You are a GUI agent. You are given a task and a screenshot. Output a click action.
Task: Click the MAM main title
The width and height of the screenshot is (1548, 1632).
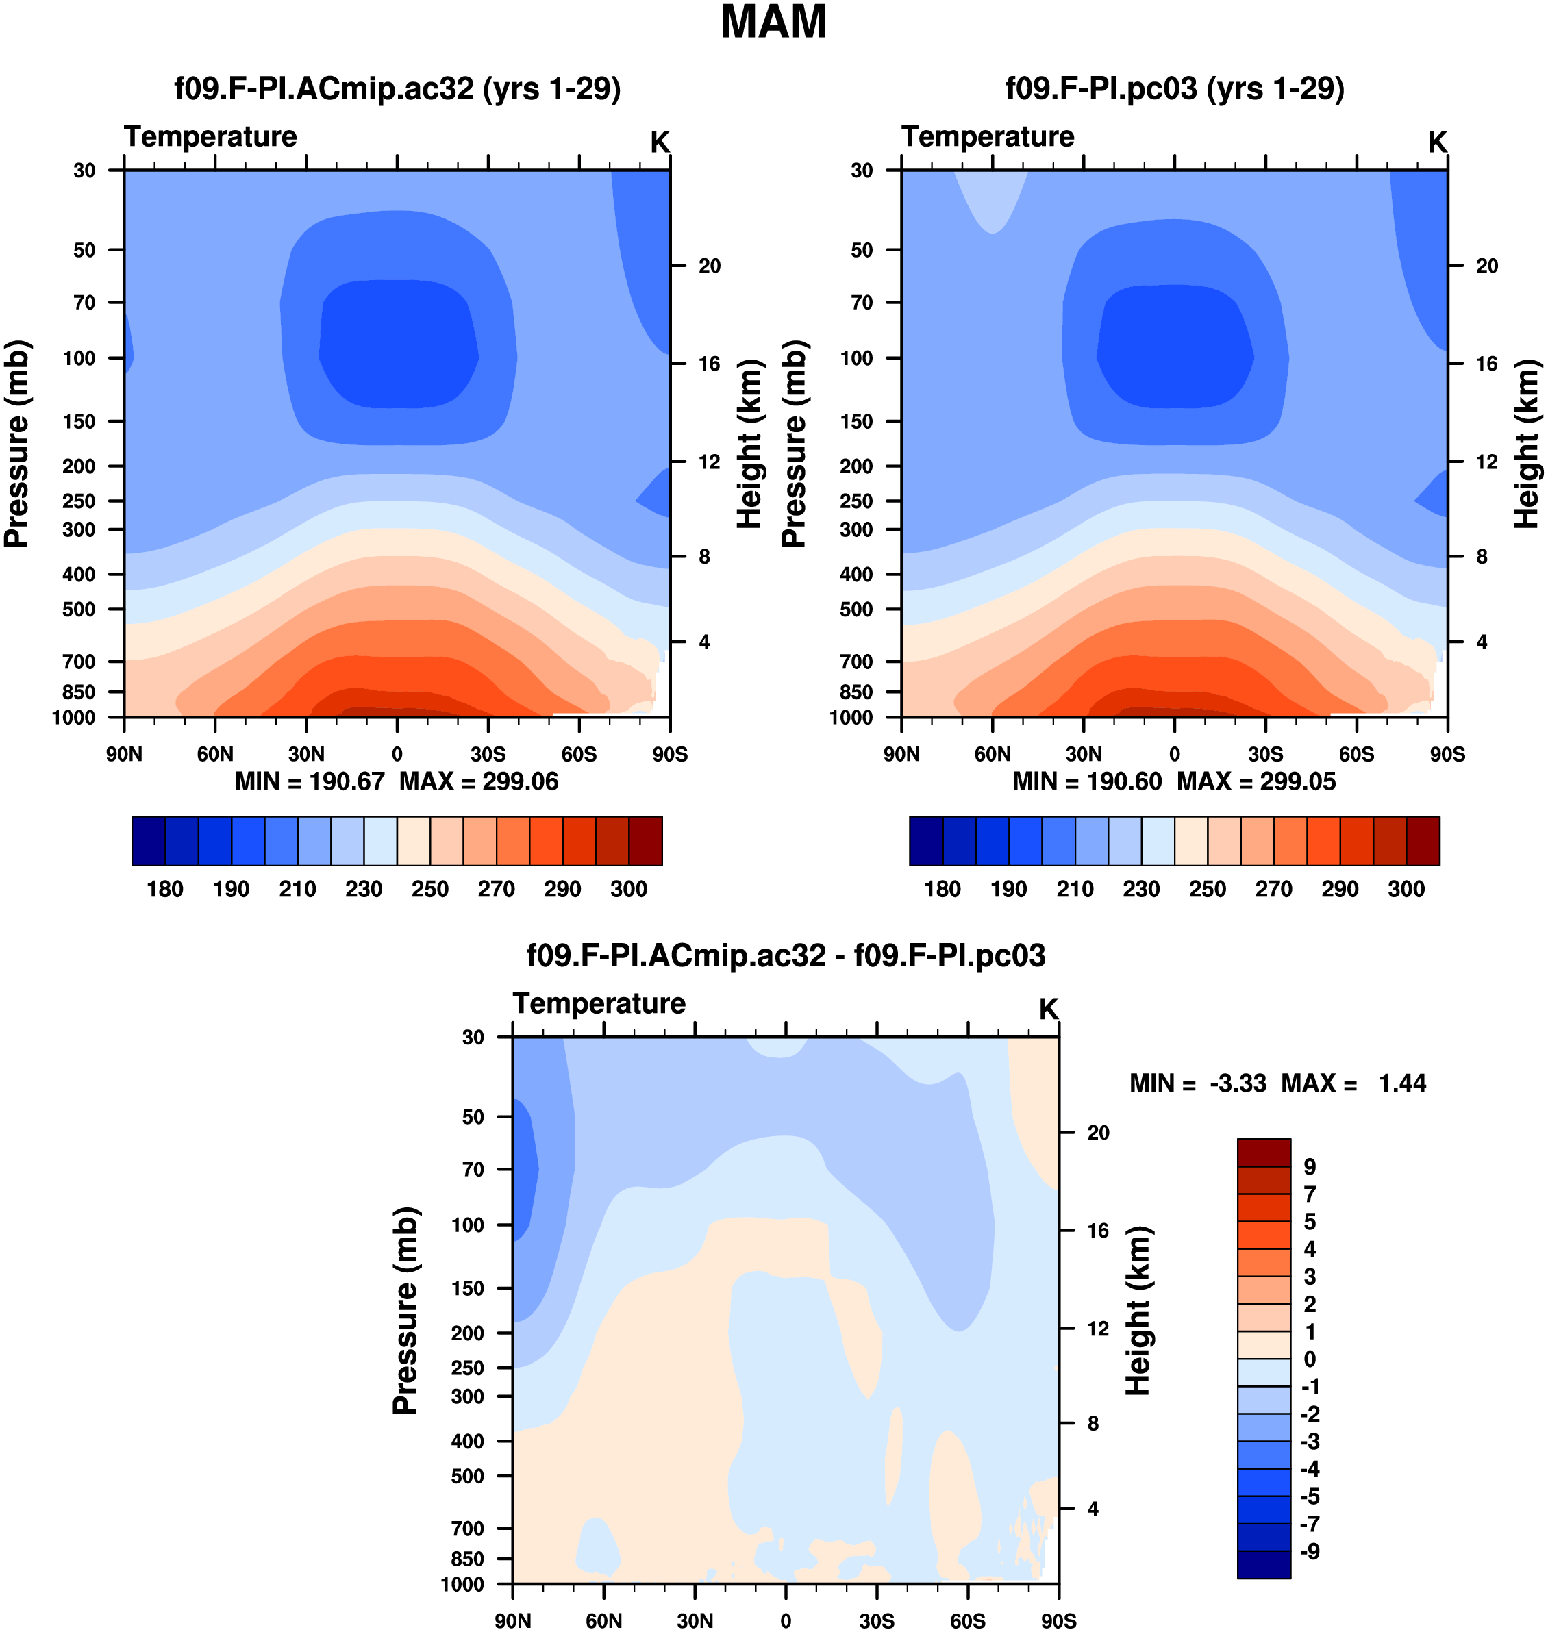773,23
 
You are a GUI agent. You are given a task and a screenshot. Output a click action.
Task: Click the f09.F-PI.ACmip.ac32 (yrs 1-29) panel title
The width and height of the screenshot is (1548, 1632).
397,88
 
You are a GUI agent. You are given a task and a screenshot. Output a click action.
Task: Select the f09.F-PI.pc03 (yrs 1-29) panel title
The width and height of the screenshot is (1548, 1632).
1174,88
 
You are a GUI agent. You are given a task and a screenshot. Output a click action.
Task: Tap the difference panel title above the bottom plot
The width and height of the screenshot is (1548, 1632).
786,955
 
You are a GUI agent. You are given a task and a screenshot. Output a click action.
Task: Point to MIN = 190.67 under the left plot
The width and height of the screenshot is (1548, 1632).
310,781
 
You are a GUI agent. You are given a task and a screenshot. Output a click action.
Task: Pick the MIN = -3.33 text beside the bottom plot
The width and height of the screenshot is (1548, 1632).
1198,1083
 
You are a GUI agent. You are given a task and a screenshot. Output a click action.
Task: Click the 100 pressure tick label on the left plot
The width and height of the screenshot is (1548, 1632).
79,358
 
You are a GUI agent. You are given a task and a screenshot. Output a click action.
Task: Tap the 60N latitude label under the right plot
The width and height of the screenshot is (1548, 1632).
992,754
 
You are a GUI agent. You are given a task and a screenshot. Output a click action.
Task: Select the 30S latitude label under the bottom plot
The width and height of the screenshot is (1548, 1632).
876,1620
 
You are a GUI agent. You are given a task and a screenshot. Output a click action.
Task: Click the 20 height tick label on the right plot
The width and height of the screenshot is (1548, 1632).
1487,266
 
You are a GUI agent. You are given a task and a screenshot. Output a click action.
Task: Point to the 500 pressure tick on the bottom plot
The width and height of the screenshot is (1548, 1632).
468,1475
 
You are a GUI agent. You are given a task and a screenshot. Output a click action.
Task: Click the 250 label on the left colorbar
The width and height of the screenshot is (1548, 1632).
430,889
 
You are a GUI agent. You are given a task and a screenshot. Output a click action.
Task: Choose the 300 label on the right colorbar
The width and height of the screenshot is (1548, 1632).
1406,889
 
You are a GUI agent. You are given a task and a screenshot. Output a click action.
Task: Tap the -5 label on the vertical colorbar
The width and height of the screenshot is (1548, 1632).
1310,1496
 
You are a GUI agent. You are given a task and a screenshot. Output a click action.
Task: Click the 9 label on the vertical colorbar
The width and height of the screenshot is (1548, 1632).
1310,1167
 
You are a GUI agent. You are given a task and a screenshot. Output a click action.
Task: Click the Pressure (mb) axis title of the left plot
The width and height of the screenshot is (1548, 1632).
16,444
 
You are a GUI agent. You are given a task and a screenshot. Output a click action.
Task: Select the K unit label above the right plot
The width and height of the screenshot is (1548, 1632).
1438,142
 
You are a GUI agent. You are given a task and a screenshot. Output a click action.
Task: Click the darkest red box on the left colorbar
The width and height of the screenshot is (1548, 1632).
645,841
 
